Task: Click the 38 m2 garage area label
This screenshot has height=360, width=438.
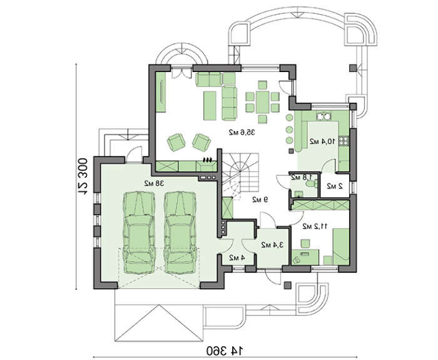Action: [154, 183]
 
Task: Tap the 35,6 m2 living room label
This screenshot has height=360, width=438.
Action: [242, 132]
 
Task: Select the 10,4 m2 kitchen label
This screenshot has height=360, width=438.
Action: [322, 141]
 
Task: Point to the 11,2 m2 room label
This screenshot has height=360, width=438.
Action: [315, 227]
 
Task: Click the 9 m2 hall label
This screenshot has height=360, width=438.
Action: [260, 200]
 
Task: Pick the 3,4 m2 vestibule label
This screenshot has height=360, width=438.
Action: [272, 245]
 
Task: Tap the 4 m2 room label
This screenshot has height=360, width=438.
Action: [237, 257]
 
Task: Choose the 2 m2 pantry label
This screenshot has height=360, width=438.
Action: [335, 186]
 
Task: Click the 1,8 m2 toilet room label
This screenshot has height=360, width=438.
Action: [301, 177]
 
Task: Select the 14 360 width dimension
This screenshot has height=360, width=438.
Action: [225, 349]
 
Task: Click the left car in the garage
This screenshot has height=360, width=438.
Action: [139, 232]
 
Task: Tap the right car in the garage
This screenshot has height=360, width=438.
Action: [180, 232]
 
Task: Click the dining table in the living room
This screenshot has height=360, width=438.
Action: [263, 102]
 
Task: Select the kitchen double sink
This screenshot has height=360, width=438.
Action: [323, 116]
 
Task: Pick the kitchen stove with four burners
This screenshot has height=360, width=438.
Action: [344, 141]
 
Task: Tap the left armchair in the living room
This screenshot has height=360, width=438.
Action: [176, 142]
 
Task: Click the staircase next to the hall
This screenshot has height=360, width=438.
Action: [241, 176]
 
